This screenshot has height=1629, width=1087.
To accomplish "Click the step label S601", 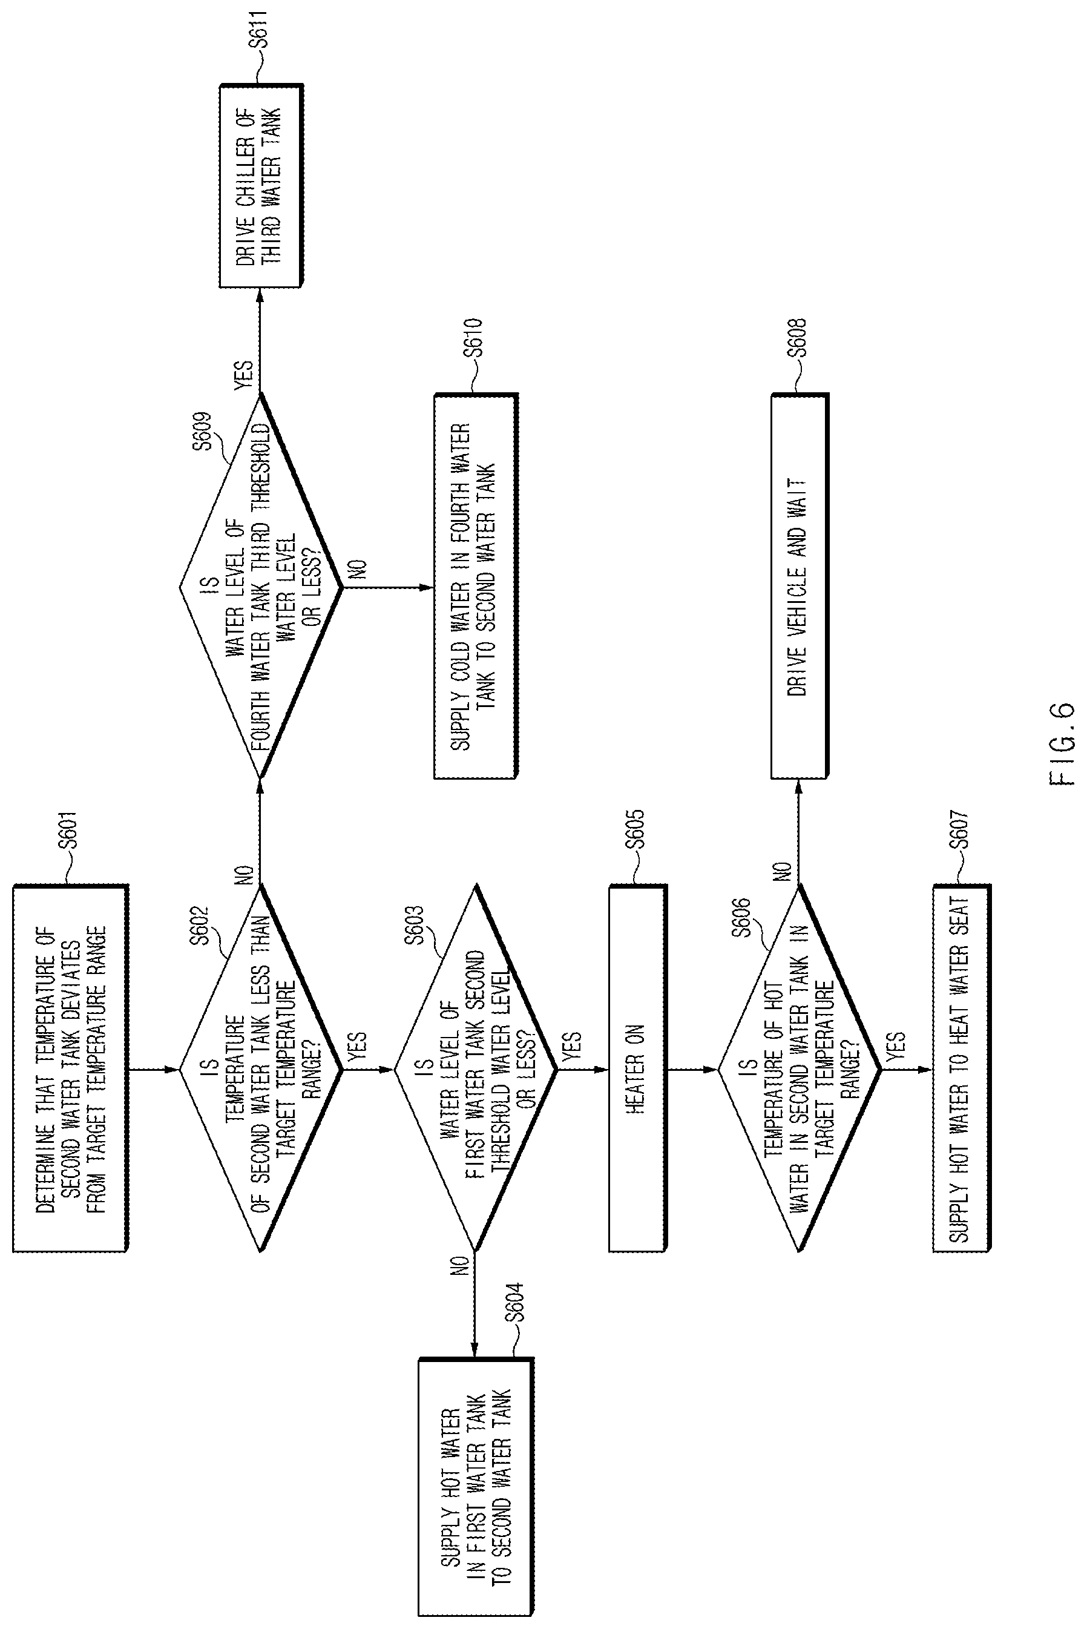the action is (x=70, y=831).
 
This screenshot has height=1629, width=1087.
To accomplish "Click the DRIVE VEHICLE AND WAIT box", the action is (x=800, y=586).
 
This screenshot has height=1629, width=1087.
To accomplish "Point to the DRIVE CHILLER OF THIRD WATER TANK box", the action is (x=261, y=186).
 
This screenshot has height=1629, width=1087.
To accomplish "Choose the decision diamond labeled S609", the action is (x=261, y=587).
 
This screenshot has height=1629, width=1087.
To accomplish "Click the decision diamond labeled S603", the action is (x=476, y=1068).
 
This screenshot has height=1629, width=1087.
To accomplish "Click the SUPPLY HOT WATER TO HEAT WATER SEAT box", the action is (x=962, y=1068).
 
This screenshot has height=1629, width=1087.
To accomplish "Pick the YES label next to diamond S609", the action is (x=244, y=375).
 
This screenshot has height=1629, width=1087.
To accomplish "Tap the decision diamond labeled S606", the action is (x=800, y=1068).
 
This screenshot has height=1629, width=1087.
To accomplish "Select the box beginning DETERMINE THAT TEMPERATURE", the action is (x=71, y=1068).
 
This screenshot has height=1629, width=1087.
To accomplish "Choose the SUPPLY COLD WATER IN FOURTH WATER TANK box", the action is (x=476, y=586).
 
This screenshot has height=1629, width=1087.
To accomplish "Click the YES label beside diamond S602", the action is (x=356, y=1046).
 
